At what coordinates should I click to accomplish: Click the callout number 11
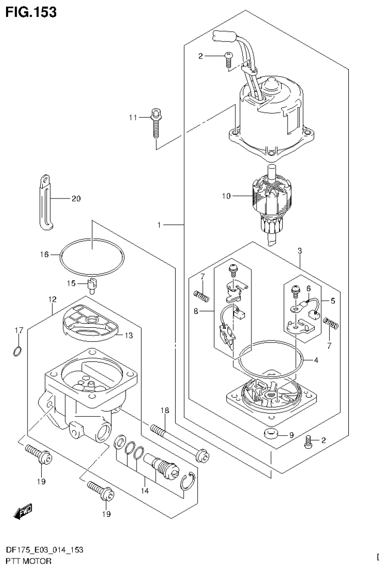pos(133,117)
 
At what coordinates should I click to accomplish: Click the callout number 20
pos(75,199)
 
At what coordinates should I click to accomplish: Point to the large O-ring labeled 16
pos(92,257)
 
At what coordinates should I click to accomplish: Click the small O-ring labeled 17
pos(17,351)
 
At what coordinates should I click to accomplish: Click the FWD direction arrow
pos(23,511)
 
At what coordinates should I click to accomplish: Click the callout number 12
pos(52,299)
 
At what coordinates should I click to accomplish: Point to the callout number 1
pos(159,226)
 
